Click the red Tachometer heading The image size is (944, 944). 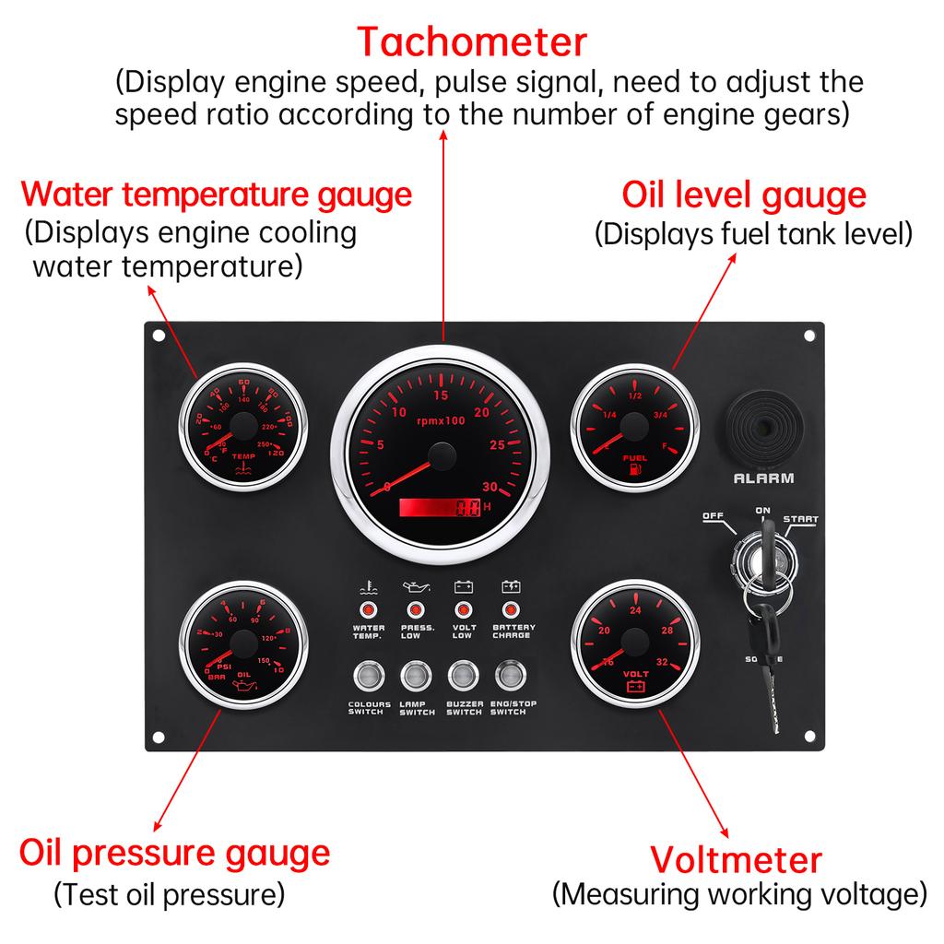coord(471,42)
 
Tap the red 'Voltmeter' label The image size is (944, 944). coord(736,859)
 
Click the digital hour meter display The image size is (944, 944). coord(441,508)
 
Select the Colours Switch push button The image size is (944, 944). coord(368,678)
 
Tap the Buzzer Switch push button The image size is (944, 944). coord(462,678)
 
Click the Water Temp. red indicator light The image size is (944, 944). coord(368,610)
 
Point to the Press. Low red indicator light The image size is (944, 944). coord(415,610)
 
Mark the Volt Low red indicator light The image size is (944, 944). coord(463,610)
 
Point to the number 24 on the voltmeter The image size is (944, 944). coord(635,610)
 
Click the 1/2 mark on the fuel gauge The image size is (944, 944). coord(634,395)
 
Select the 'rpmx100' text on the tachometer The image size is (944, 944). coord(442,420)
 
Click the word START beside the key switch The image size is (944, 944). coord(800,520)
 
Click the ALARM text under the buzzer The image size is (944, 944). coord(763,478)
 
